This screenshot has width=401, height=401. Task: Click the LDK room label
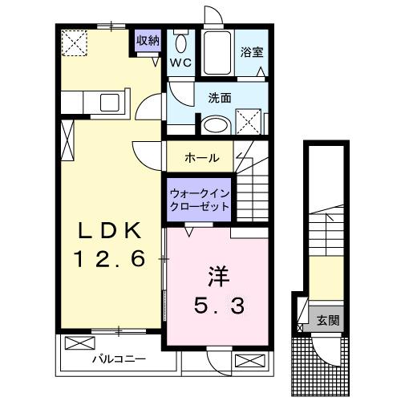click(x=110, y=231)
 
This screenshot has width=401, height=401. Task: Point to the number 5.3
click(x=217, y=305)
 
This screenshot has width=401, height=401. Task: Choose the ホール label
click(x=201, y=157)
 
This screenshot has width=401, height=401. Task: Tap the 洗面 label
click(x=220, y=99)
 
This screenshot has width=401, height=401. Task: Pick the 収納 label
click(x=147, y=40)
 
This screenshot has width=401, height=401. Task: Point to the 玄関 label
click(x=326, y=321)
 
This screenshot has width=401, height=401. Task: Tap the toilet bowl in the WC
click(x=180, y=44)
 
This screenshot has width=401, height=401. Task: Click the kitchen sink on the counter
click(x=107, y=103)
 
